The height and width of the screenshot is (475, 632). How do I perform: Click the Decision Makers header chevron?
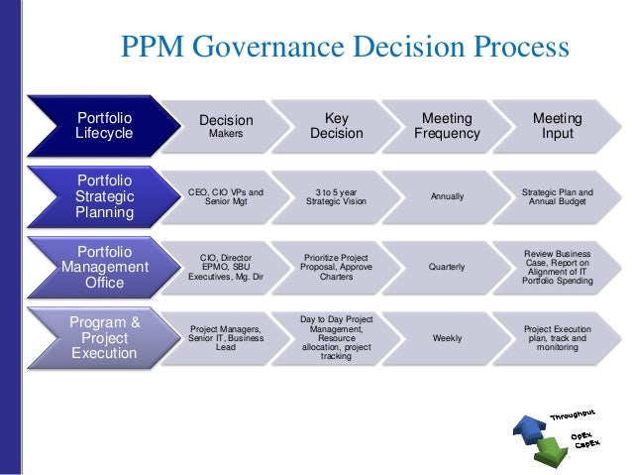click(x=226, y=127)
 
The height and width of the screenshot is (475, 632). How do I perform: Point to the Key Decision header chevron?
click(x=337, y=127)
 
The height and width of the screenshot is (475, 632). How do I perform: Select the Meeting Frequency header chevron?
click(x=447, y=127)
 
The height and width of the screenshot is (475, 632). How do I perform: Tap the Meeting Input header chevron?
click(x=557, y=127)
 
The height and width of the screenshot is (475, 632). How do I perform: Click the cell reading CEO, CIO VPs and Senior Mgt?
click(x=226, y=197)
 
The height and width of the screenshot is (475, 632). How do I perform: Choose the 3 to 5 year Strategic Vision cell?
click(x=337, y=197)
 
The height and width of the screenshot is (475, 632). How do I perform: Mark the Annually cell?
click(x=447, y=197)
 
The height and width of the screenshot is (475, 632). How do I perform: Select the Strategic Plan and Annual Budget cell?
click(x=557, y=197)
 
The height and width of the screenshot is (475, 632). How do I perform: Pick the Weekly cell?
click(x=447, y=338)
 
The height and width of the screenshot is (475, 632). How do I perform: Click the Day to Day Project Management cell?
click(x=337, y=338)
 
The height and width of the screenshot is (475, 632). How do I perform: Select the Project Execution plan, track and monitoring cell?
click(x=557, y=338)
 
